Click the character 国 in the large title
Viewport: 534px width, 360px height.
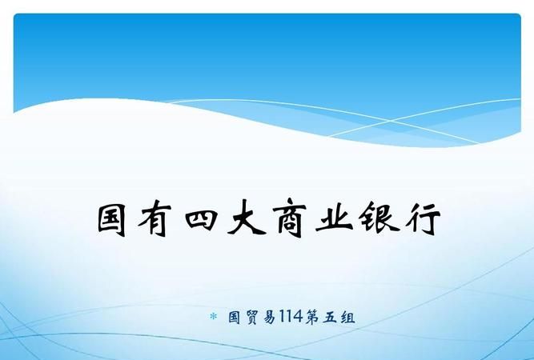point(114,218)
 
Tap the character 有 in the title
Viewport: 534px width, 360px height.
point(159,218)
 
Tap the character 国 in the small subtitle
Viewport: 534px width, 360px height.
point(233,318)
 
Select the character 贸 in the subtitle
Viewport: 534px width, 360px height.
point(251,318)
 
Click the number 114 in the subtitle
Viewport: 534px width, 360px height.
point(289,318)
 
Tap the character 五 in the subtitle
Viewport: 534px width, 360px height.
point(328,318)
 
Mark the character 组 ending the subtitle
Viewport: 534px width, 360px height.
point(347,318)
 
